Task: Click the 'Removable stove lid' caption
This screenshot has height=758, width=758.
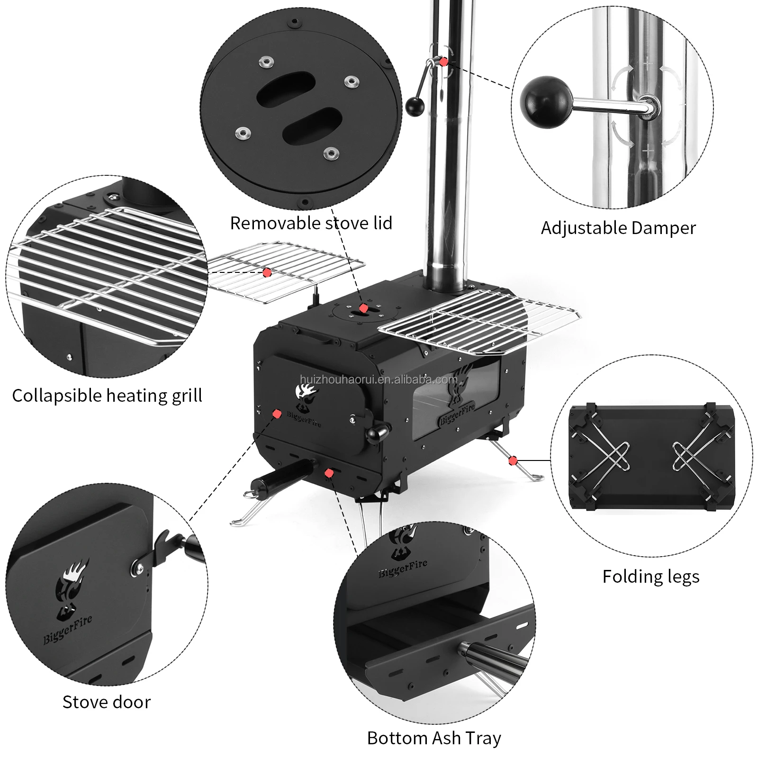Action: click(x=311, y=223)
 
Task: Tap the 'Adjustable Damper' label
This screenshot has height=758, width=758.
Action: click(x=618, y=228)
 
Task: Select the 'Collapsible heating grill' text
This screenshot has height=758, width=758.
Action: click(x=107, y=396)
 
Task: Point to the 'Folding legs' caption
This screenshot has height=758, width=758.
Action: click(x=650, y=577)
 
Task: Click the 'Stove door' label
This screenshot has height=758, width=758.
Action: click(x=107, y=702)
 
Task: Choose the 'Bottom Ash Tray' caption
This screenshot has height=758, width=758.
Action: click(x=434, y=738)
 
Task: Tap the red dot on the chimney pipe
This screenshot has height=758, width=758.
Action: click(x=443, y=62)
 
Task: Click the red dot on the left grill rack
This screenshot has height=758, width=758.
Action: click(x=267, y=272)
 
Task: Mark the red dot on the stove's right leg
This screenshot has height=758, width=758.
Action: click(x=513, y=460)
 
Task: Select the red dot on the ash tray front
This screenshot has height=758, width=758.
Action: click(x=328, y=472)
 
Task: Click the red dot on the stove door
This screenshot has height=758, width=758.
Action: click(x=277, y=414)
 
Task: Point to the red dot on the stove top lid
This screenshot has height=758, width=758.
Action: click(x=363, y=308)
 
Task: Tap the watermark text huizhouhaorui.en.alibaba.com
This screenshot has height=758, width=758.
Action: click(x=379, y=379)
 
